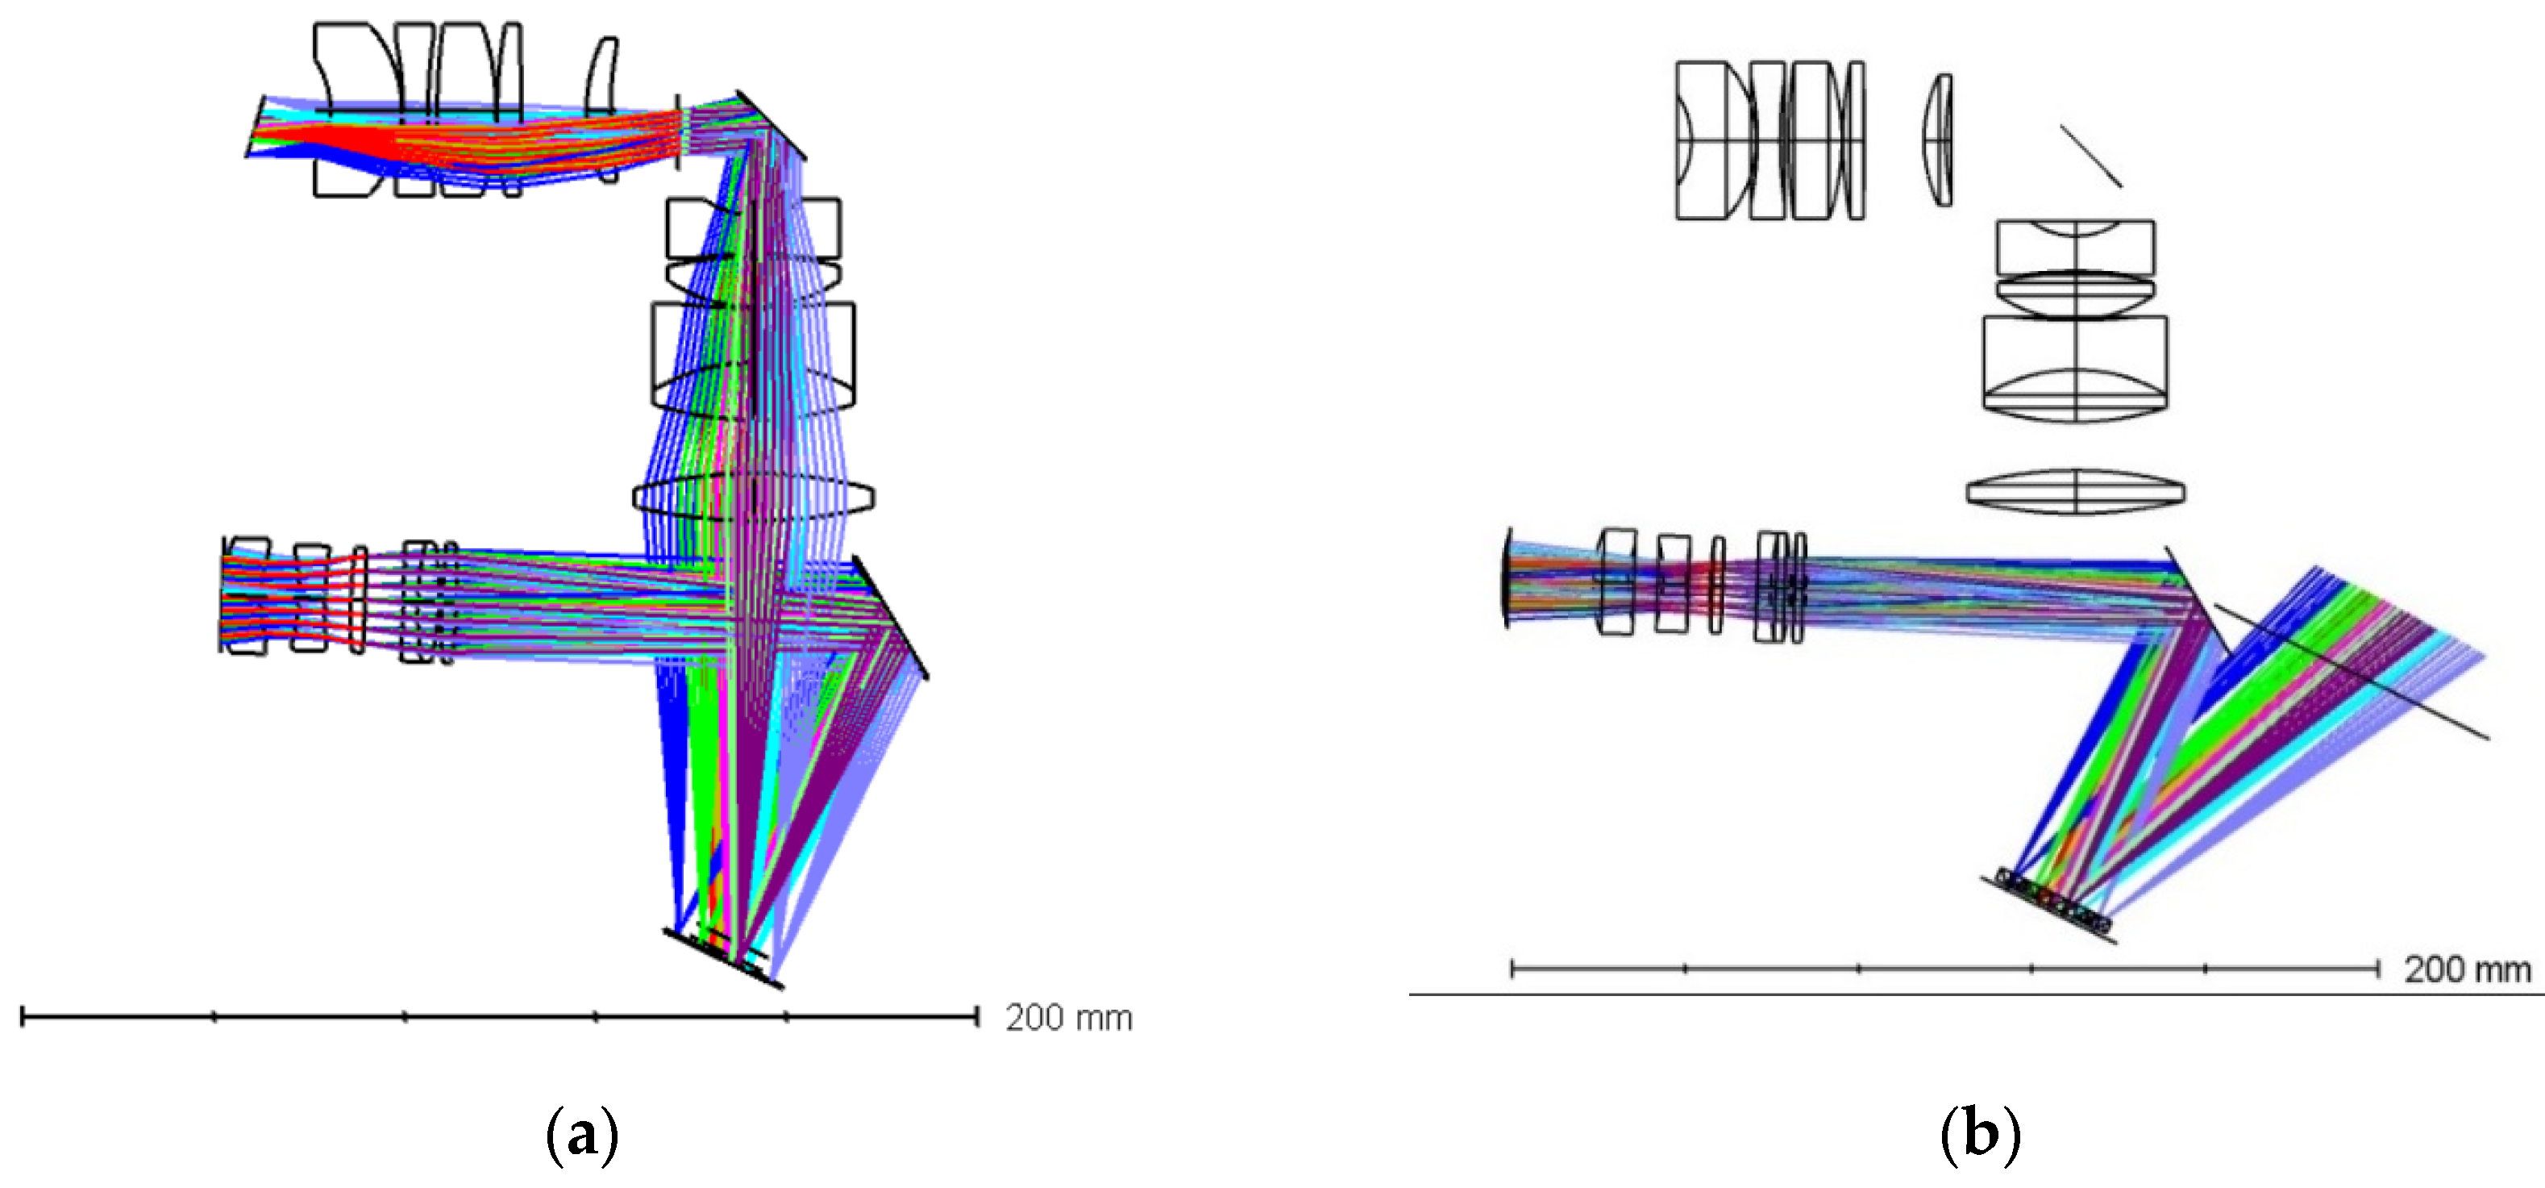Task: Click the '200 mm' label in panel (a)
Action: click(1068, 1018)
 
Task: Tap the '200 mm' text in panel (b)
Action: click(2467, 969)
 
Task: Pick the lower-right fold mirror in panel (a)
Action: click(890, 618)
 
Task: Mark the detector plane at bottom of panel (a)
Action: click(723, 957)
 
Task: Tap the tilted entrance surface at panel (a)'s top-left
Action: click(255, 127)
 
